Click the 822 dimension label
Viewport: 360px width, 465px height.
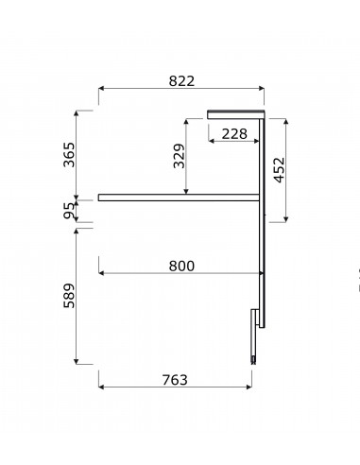pyautogui.click(x=181, y=81)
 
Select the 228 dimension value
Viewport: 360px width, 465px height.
pyautogui.click(x=234, y=134)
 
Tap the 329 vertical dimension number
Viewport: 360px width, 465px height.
pyautogui.click(x=180, y=156)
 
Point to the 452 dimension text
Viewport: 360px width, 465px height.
pyautogui.click(x=280, y=170)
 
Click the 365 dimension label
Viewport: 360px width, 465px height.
pyautogui.click(x=69, y=155)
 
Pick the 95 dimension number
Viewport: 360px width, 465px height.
pyautogui.click(x=69, y=211)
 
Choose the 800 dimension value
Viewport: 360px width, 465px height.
pyautogui.click(x=181, y=266)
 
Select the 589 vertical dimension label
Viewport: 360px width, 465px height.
pyautogui.click(x=69, y=296)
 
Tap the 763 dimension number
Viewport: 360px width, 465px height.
pyautogui.click(x=175, y=380)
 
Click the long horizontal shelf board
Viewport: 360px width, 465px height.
pyautogui.click(x=179, y=198)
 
